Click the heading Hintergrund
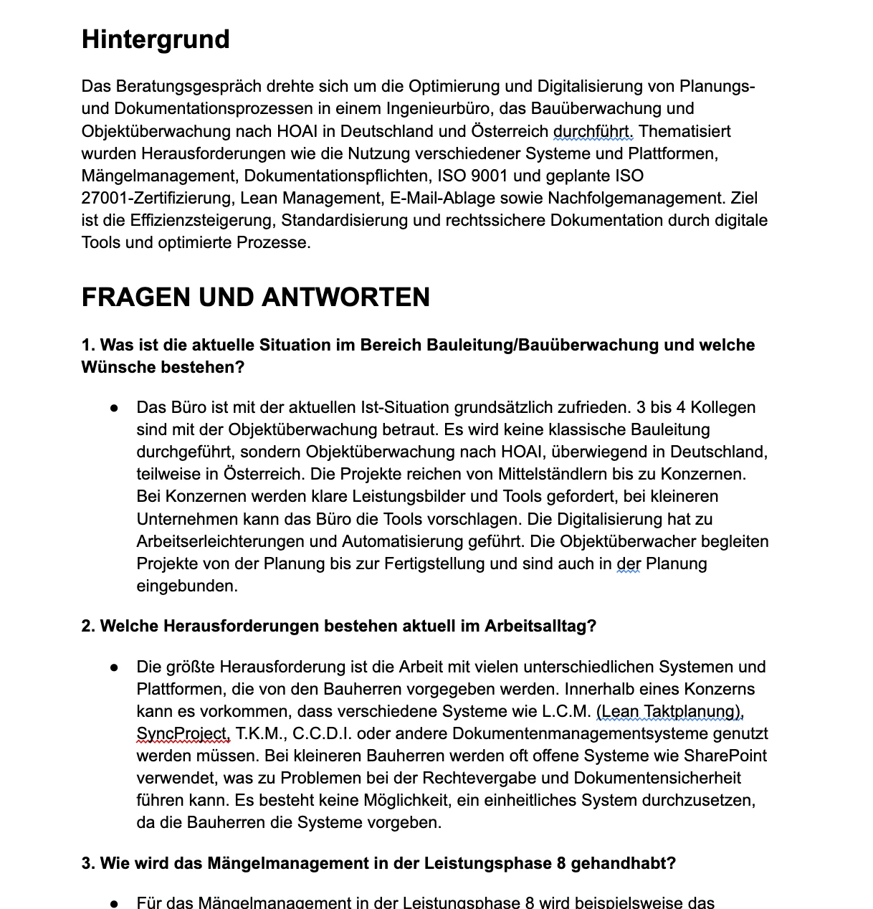(156, 39)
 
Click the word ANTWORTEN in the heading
(346, 297)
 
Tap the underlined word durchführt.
(593, 131)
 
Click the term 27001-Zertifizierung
(158, 198)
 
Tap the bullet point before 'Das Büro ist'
(114, 408)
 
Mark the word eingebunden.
(186, 586)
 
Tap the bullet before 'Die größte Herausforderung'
(114, 667)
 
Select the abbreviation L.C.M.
(566, 711)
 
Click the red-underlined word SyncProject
(183, 733)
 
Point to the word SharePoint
(725, 756)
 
